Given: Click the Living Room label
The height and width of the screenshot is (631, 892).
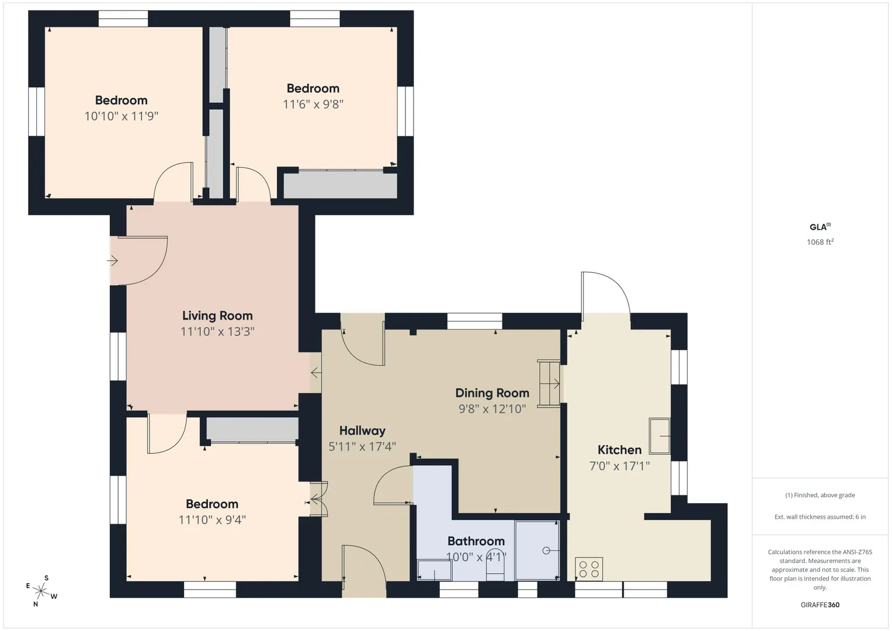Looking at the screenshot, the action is tap(217, 315).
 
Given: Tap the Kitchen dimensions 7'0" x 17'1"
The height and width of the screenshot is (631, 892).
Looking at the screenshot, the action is tap(619, 466).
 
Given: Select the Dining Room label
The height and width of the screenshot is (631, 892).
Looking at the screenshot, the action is tap(492, 393).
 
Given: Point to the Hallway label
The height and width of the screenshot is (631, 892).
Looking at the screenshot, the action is tap(362, 431).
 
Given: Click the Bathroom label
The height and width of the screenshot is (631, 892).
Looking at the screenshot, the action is tap(476, 541).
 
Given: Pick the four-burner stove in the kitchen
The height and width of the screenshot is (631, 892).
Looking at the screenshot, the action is tap(589, 569).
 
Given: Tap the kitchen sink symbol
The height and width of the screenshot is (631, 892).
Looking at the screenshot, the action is tap(660, 436).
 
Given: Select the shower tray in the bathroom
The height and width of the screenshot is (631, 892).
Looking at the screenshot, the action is tap(537, 550).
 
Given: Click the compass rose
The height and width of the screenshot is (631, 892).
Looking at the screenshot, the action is tap(41, 591).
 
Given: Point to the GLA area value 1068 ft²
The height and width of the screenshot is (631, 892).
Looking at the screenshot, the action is tap(820, 242).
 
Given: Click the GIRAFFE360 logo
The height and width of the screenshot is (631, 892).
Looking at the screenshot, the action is tap(820, 605).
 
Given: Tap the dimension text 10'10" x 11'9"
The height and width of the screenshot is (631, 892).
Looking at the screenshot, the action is tap(122, 116).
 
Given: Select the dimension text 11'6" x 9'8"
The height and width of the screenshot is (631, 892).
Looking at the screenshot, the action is tap(313, 105).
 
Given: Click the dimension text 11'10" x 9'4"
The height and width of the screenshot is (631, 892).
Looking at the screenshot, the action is tap(212, 520).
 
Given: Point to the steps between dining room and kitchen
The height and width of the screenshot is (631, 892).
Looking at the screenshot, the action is tap(549, 383).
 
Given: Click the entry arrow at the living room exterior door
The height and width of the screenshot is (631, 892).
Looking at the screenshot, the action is tap(112, 261).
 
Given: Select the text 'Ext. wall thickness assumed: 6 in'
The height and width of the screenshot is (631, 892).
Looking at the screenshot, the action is tap(820, 516).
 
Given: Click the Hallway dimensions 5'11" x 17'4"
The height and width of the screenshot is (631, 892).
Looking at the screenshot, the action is tap(362, 446).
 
